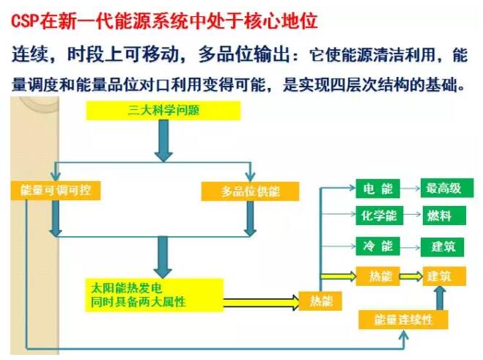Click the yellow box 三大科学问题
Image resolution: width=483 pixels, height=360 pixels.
click(163, 111)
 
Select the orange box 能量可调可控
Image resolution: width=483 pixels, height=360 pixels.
click(56, 191)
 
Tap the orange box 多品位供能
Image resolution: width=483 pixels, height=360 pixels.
click(250, 191)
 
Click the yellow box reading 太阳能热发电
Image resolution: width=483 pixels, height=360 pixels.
click(153, 293)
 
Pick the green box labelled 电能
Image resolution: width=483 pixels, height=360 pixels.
click(377, 188)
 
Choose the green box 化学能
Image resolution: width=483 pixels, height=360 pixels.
click(377, 216)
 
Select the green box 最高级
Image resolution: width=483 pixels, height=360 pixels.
click(443, 188)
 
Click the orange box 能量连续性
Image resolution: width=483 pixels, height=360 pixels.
click(402, 320)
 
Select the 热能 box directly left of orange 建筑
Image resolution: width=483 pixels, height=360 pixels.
click(377, 276)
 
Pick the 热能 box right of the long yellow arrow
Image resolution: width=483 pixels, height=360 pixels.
click(317, 301)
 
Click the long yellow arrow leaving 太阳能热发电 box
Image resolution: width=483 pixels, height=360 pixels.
click(260, 301)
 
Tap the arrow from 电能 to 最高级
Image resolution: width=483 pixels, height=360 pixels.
click(410, 188)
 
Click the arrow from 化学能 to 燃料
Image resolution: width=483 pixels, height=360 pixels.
click(410, 216)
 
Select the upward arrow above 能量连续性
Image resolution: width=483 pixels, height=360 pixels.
click(440, 298)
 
